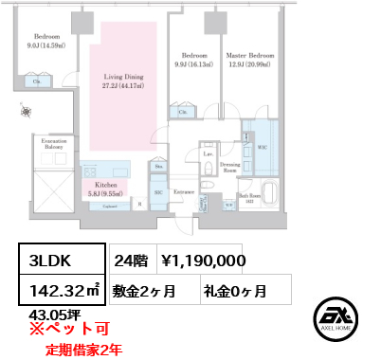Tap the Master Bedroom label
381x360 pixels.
250,59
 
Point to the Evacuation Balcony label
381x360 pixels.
55,143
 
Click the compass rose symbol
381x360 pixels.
25,112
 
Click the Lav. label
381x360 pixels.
207,153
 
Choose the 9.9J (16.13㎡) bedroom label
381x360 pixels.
193,59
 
